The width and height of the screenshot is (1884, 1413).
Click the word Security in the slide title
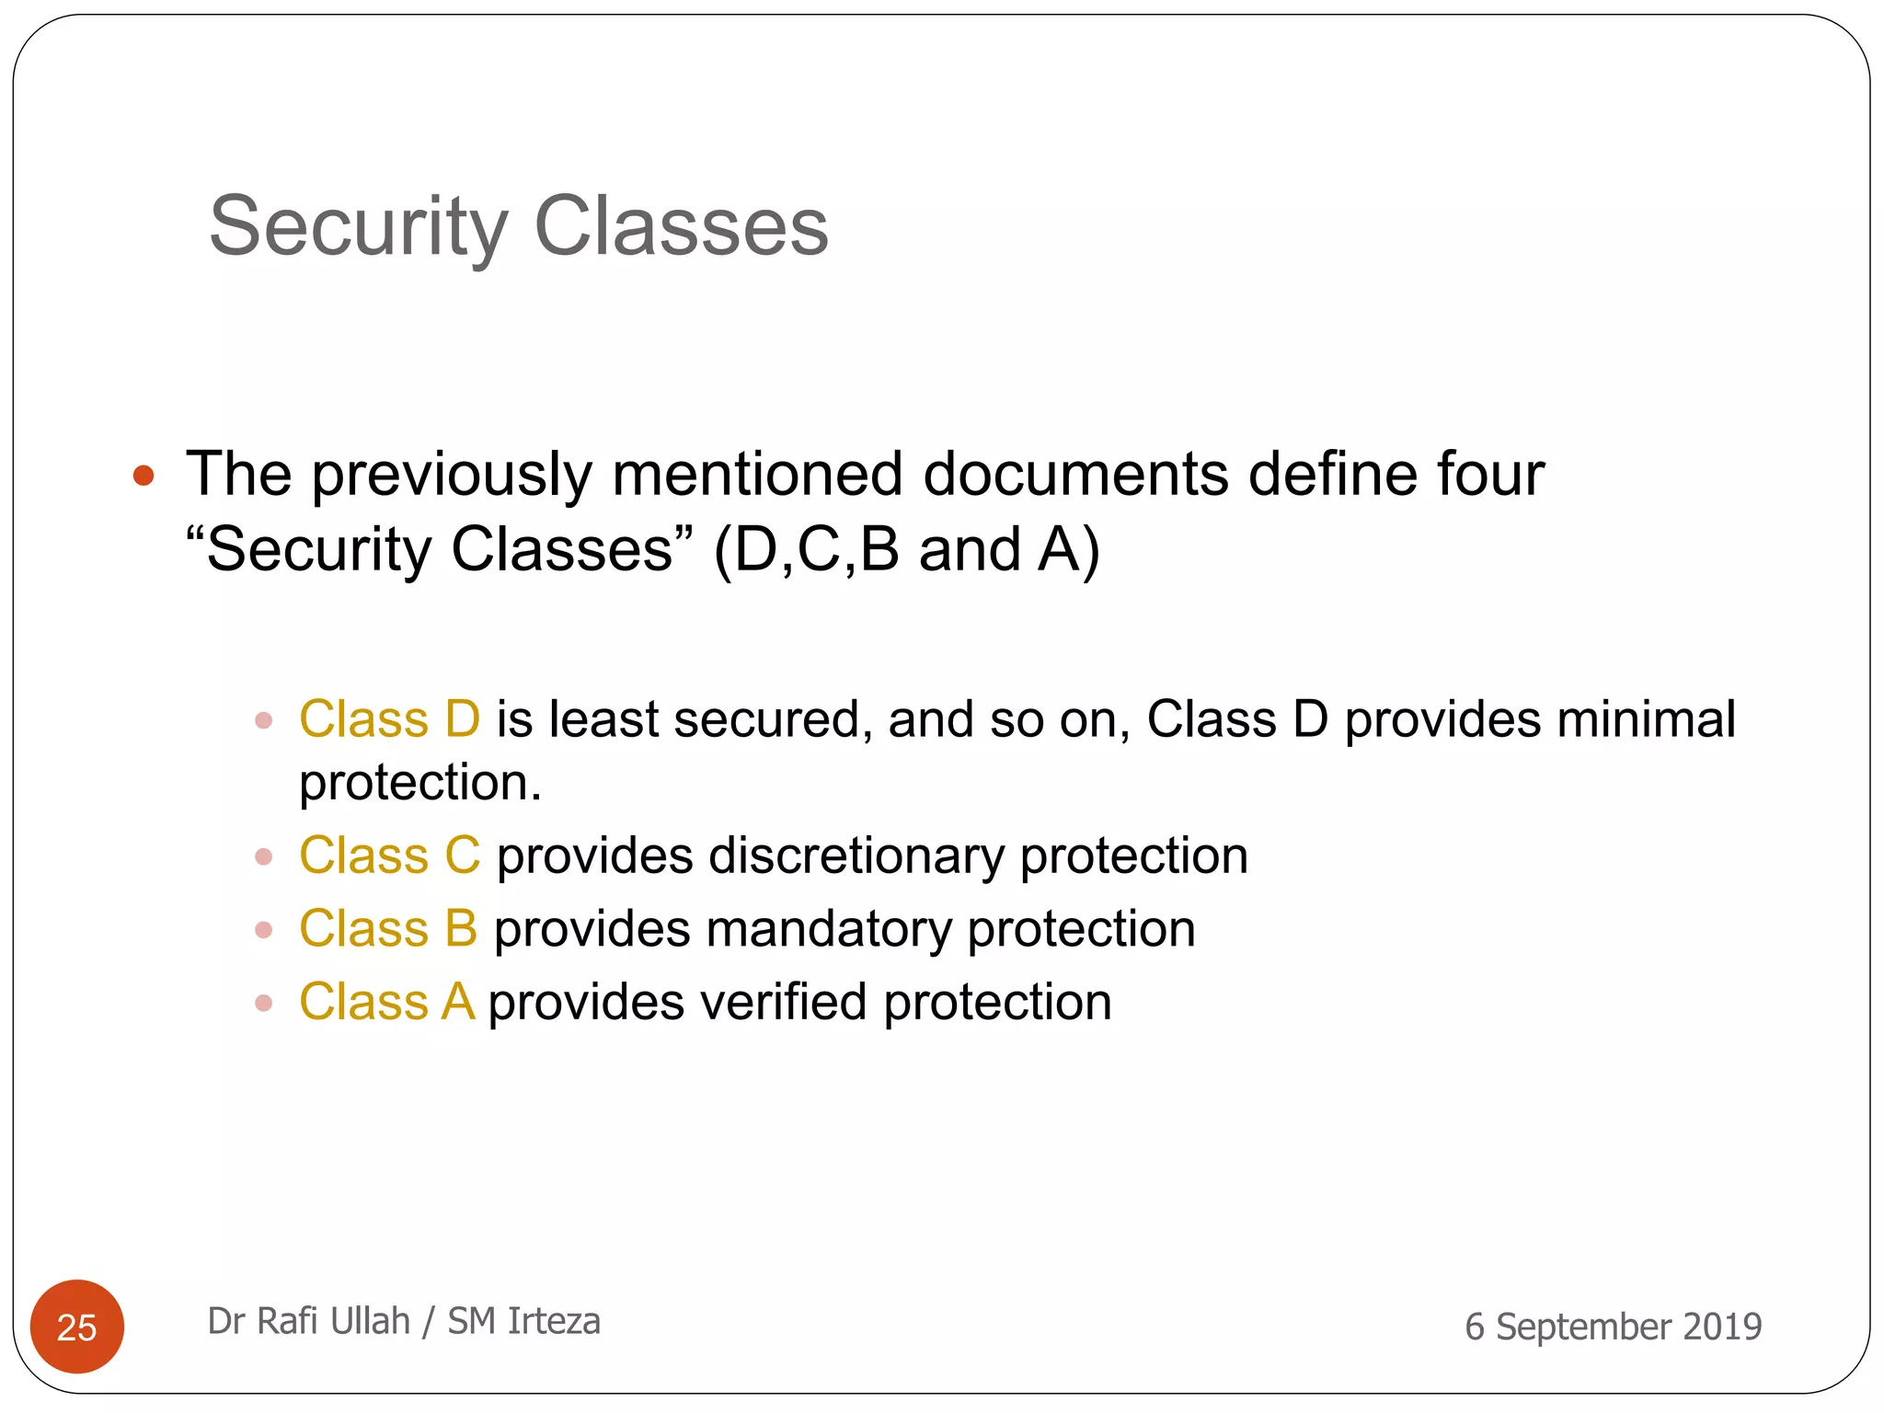pos(359,227)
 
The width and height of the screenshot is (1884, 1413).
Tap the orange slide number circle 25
pos(77,1327)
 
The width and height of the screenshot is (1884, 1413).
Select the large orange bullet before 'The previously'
pos(144,476)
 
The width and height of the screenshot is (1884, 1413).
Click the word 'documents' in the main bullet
pos(1075,475)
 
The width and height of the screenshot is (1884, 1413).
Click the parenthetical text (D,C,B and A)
pos(907,550)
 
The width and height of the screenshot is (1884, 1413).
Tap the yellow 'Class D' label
pos(390,719)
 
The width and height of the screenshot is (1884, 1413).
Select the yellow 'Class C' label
pos(390,856)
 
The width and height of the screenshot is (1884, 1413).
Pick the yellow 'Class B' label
pos(388,928)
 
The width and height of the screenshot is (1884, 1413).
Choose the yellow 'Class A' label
pos(386,1002)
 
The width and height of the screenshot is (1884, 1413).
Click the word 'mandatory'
pos(829,928)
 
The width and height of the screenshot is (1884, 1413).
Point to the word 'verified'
pos(783,1002)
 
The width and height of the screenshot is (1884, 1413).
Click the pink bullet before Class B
pos(264,930)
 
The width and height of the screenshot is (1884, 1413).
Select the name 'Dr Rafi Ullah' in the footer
pos(308,1321)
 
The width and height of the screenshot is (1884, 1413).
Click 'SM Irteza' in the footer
pos(523,1321)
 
